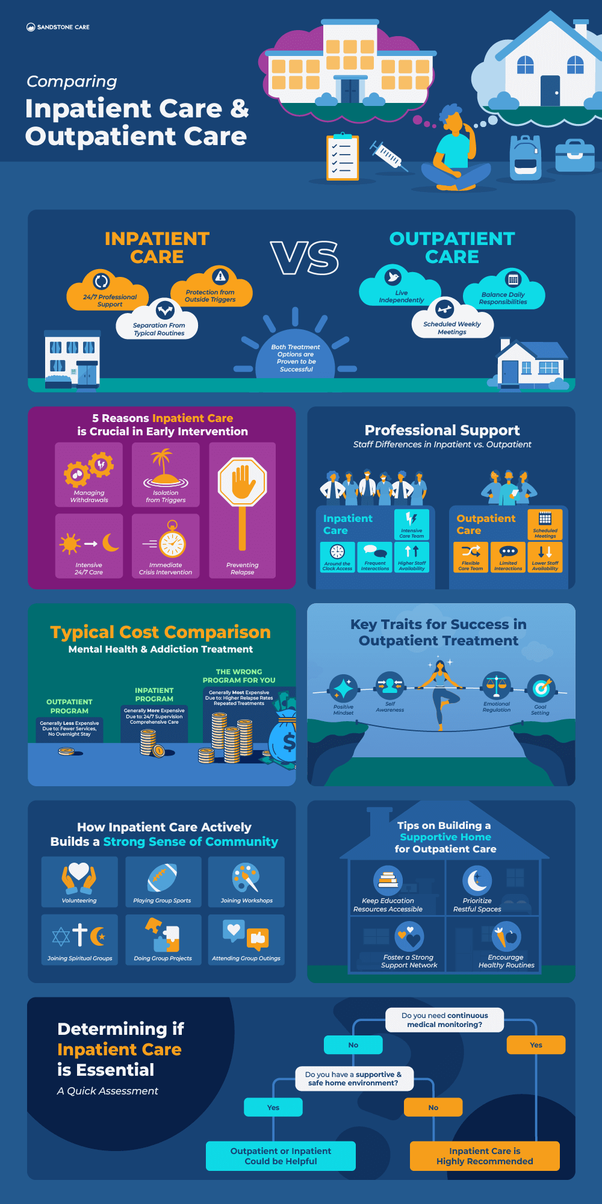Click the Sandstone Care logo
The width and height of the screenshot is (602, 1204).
pos(58,27)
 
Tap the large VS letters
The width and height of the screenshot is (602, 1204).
pos(305,258)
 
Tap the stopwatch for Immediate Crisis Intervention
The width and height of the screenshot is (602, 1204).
pos(172,541)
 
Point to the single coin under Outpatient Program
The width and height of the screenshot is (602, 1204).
pos(66,751)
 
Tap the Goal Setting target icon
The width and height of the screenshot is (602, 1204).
pos(541,687)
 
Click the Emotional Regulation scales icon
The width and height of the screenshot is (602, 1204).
pos(497,685)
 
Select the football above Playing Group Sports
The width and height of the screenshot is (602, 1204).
pos(162,877)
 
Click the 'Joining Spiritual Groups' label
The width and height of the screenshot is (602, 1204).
pos(79,958)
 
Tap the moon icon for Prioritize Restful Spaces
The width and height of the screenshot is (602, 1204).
pos(477,880)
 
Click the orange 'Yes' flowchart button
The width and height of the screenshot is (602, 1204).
pos(536,1045)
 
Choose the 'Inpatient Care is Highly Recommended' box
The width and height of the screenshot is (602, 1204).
pos(485,1156)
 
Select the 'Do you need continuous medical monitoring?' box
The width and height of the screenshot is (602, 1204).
pos(444,1020)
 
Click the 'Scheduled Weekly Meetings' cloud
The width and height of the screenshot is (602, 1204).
pos(452,324)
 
